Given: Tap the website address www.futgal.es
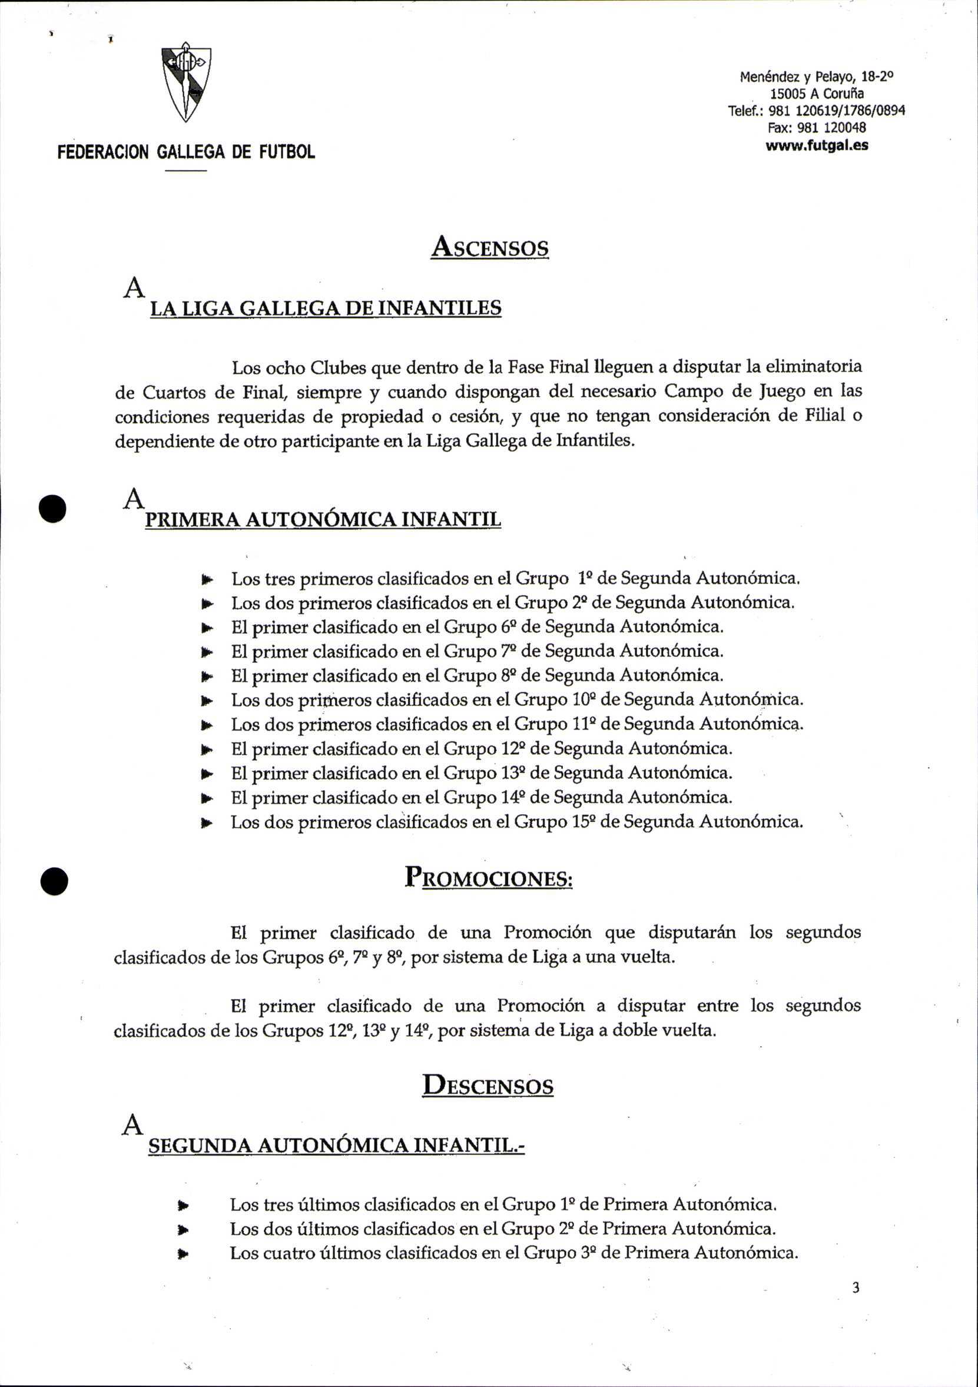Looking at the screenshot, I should coord(817,145).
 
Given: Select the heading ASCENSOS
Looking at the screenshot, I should coord(489,247).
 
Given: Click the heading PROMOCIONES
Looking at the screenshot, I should coord(488,877).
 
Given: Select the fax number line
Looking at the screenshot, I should coord(817,128).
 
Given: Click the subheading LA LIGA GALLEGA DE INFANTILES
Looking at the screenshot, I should coord(326,308).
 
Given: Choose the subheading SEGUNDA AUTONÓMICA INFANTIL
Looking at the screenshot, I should coord(336,1147).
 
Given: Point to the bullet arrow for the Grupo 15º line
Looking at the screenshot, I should coord(207,823).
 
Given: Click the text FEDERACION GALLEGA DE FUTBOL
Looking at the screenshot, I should coord(186,152).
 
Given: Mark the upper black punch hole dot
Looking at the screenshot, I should coord(52,508).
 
